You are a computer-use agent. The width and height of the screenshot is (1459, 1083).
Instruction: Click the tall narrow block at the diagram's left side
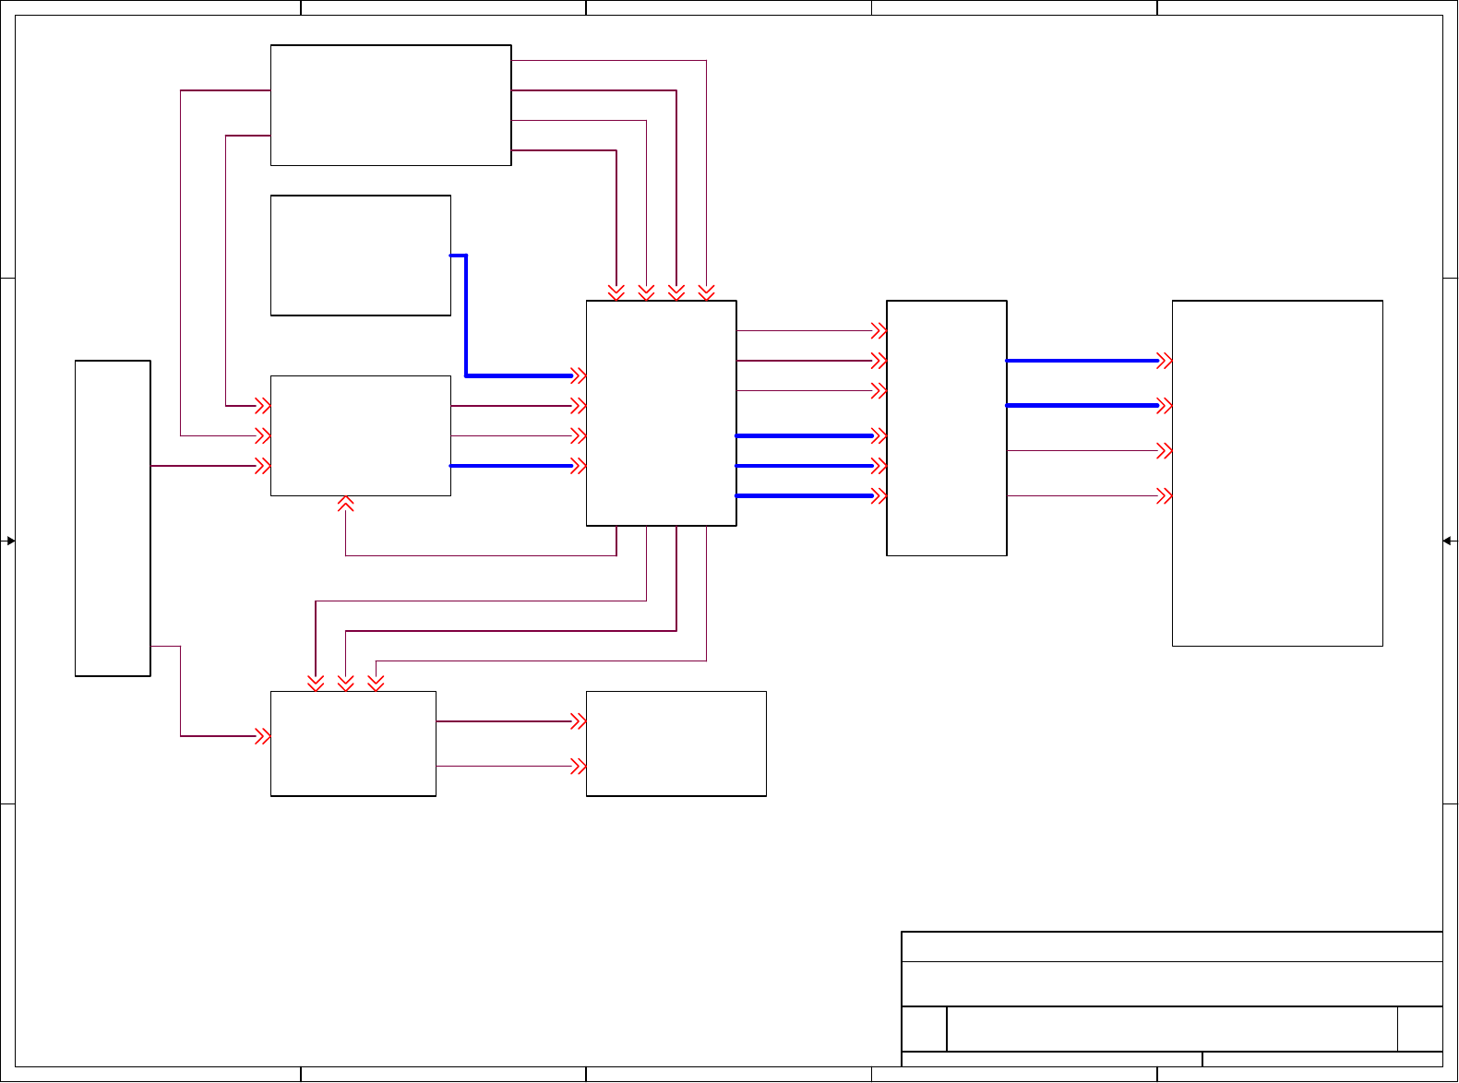point(113,518)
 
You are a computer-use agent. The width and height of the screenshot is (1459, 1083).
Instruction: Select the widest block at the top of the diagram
point(390,105)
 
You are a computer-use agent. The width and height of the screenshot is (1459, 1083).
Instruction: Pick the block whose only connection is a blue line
point(360,256)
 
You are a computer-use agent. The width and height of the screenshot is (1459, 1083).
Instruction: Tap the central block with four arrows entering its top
point(661,413)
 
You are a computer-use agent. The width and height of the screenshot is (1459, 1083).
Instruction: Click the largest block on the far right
point(1277,472)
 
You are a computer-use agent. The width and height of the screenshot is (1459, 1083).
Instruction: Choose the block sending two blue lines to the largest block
point(946,428)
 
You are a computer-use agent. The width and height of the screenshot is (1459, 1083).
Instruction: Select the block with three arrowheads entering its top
point(353,744)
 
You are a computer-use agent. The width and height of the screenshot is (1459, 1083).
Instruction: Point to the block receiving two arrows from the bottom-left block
point(676,744)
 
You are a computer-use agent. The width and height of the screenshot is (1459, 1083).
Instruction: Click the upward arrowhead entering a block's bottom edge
point(346,504)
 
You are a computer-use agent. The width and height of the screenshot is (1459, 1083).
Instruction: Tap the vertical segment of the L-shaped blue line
point(466,315)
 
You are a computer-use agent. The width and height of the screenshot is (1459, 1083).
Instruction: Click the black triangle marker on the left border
point(10,541)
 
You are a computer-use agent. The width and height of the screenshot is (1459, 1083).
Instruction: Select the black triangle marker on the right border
point(1448,541)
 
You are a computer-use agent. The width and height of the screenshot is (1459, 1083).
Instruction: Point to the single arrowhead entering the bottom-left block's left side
point(263,736)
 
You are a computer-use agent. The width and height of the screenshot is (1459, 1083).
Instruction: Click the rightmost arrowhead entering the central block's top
point(707,292)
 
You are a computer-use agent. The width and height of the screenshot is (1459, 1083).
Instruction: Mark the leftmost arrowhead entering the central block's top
point(616,292)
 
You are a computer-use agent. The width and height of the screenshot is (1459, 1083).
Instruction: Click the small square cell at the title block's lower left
point(924,1029)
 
